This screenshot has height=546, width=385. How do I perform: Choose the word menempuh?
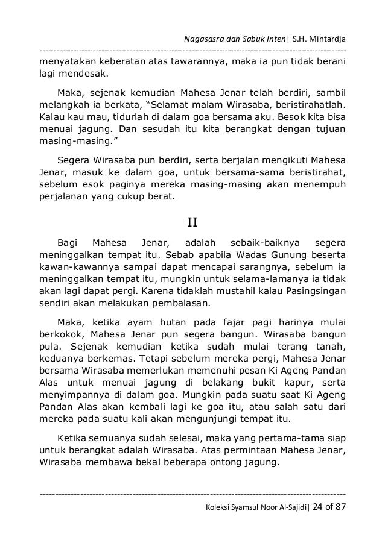[323, 186]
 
